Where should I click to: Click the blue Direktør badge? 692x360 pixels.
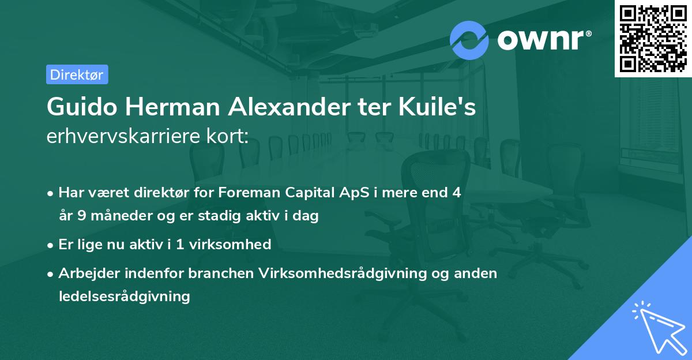pyautogui.click(x=77, y=74)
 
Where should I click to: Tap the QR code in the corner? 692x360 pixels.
pyautogui.click(x=653, y=39)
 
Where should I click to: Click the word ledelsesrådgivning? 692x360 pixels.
pyautogui.click(x=124, y=297)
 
